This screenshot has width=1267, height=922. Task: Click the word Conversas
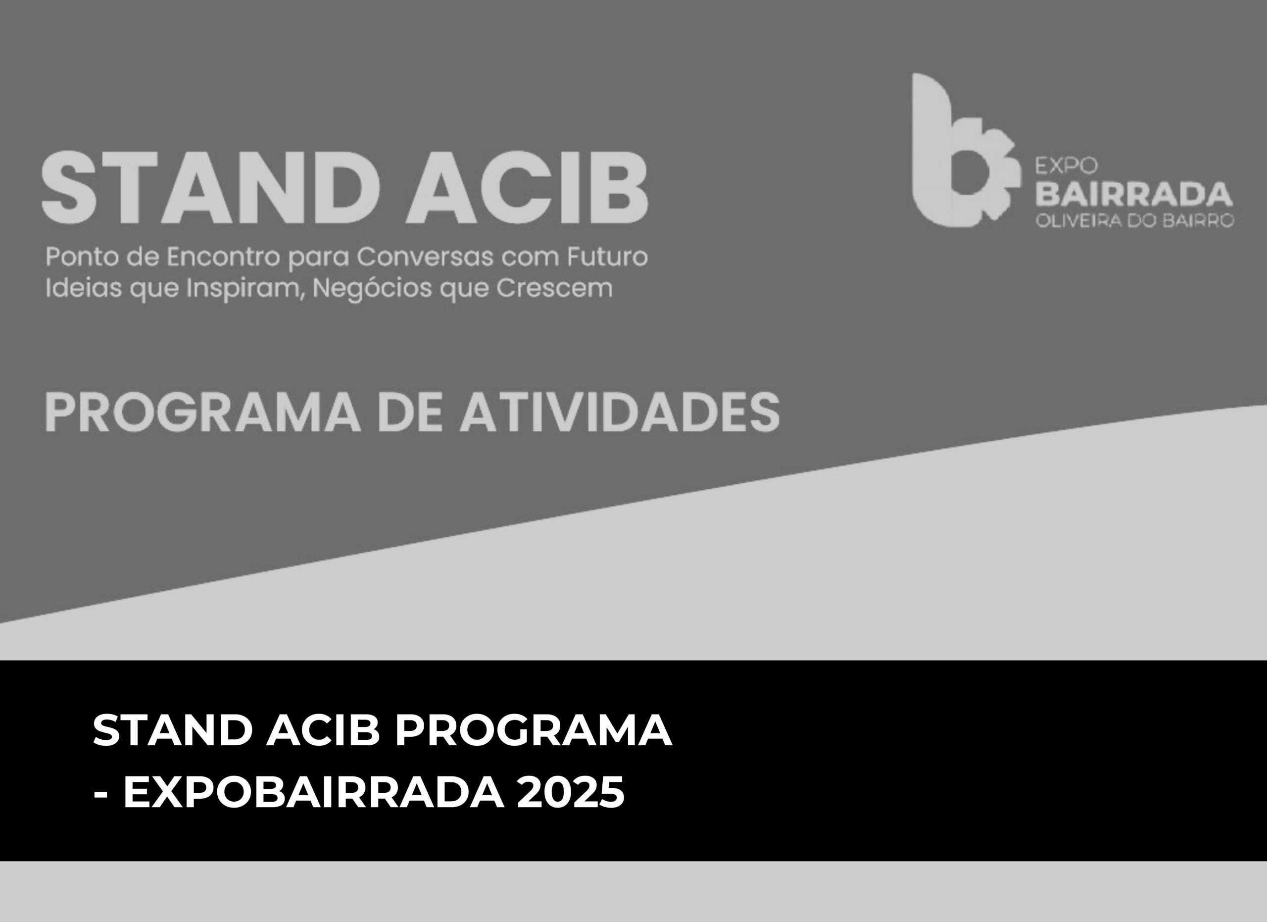click(x=424, y=257)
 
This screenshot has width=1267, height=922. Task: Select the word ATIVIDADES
click(x=619, y=412)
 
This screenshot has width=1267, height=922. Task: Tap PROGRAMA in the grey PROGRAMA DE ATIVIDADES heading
click(x=203, y=412)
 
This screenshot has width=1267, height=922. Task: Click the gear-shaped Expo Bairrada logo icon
click(x=961, y=151)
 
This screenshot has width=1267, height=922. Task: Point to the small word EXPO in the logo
click(x=1067, y=165)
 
